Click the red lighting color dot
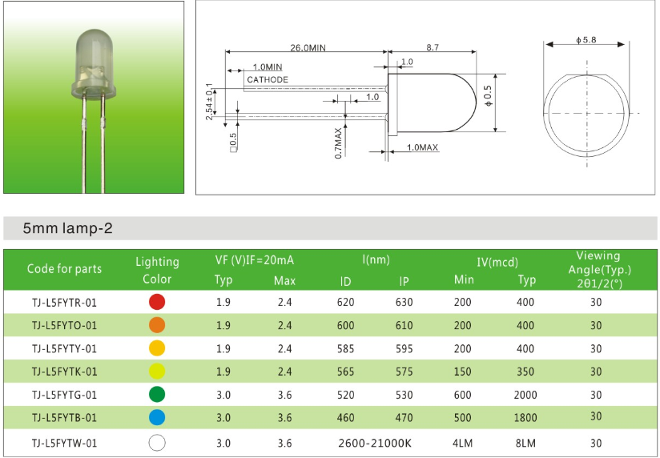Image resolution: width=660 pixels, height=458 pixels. coord(157,302)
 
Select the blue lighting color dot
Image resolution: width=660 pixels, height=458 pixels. coord(157,417)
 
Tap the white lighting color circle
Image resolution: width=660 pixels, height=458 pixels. coord(157,443)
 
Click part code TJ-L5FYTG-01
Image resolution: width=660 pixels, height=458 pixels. coord(64,395)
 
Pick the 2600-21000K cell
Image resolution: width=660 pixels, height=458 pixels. coord(375,443)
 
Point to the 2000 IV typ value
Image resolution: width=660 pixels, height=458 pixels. coord(525,395)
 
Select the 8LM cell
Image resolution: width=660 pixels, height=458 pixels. coord(525,443)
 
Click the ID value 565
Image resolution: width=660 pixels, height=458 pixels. coord(345,372)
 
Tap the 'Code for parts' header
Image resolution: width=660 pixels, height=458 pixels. coord(64,268)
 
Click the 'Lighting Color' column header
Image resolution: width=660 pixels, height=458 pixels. coord(157,271)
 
